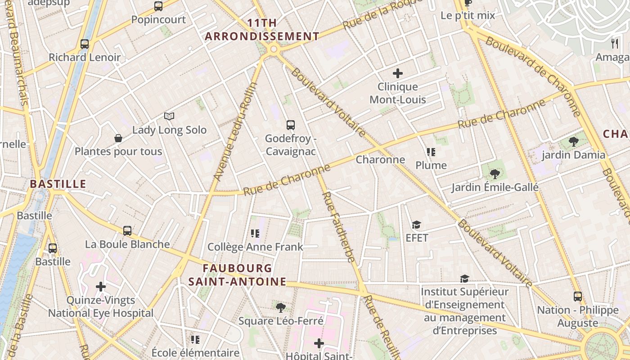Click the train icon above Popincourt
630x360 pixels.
158,6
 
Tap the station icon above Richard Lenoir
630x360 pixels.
85,44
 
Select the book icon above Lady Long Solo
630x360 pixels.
169,117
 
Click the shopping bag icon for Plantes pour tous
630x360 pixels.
118,138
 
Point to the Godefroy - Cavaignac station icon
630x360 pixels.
291,125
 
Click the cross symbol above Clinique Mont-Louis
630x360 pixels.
398,73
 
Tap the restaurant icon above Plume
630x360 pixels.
431,152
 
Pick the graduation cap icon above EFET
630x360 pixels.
417,225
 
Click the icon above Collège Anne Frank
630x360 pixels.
255,234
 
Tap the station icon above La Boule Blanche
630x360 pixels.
128,231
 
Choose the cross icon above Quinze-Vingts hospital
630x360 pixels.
101,287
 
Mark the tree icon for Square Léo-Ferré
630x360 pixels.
281,308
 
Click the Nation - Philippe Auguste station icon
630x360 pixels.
578,297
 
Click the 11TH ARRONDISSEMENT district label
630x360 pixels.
262,30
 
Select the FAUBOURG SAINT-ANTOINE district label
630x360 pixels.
237,275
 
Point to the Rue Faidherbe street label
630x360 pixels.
339,227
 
